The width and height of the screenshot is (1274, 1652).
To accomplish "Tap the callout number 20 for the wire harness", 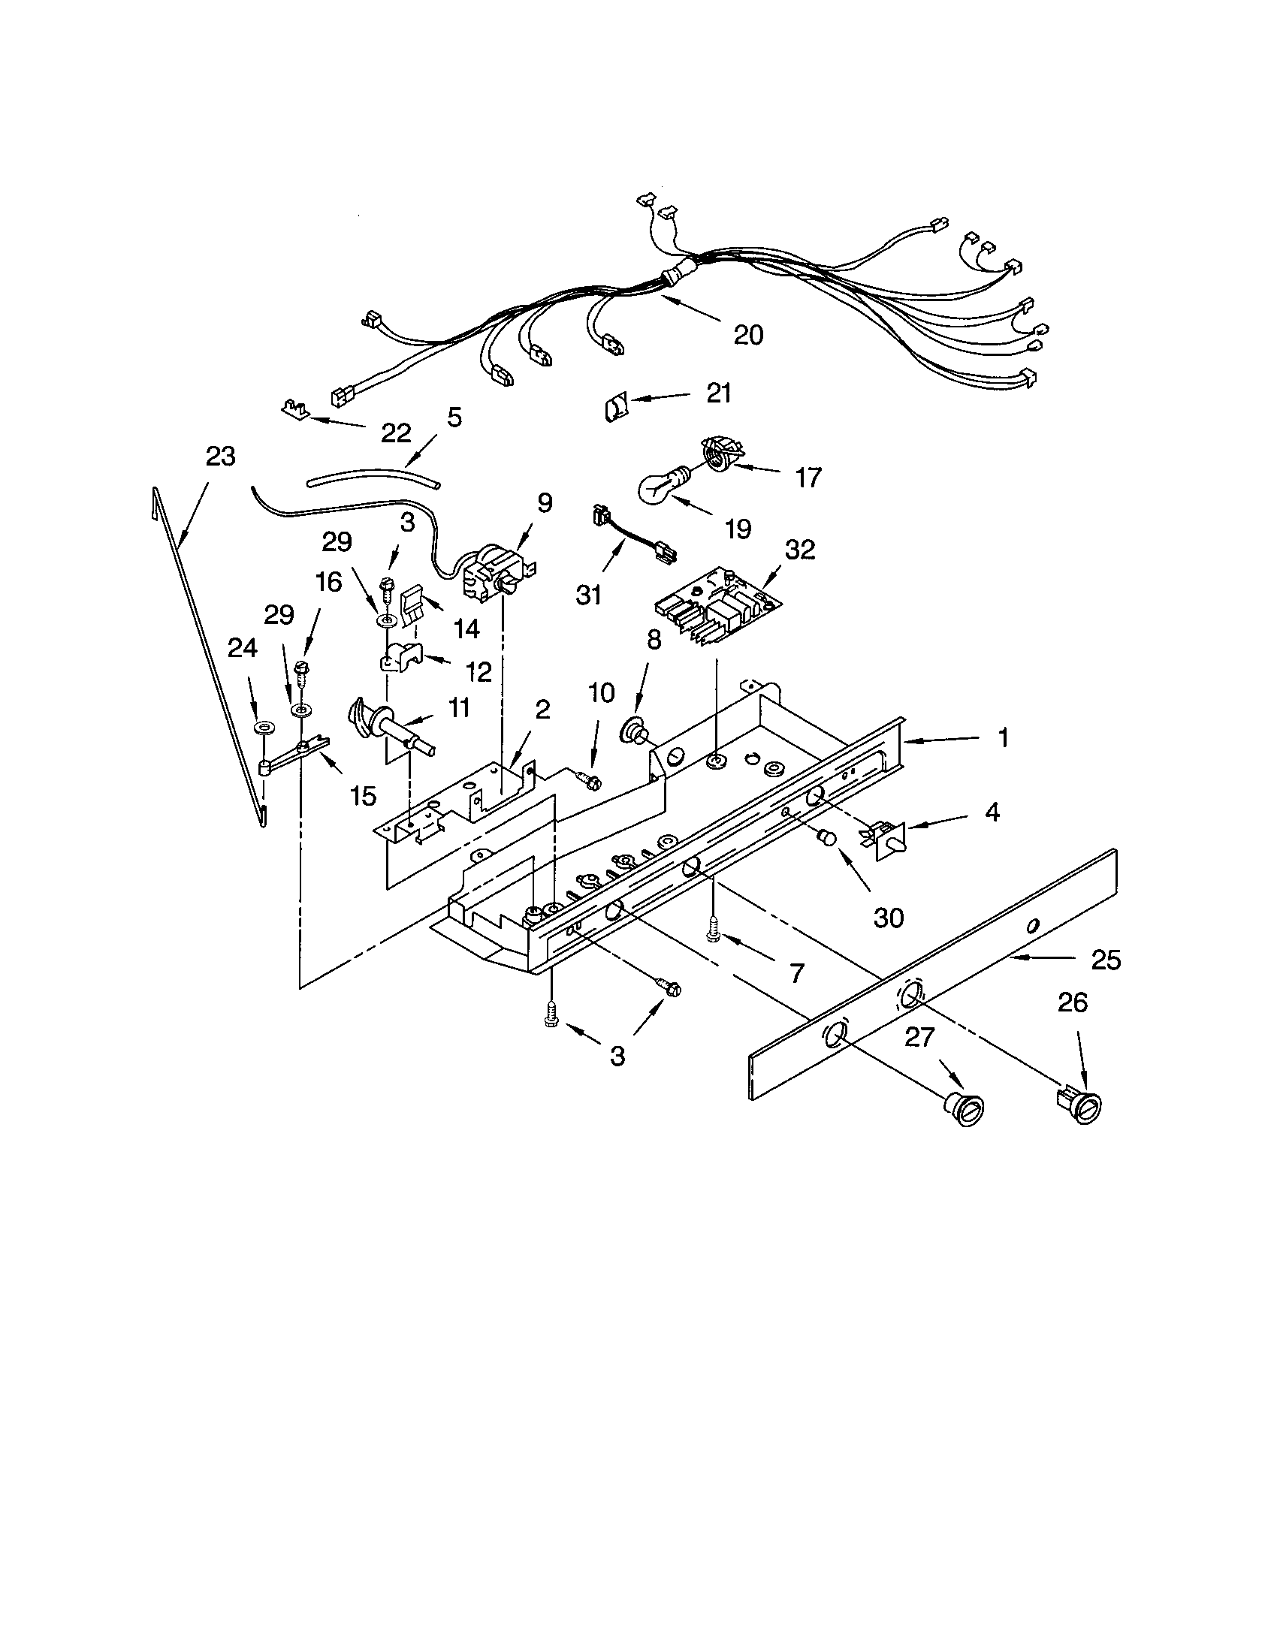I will point(748,334).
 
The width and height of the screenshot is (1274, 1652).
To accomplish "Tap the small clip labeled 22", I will point(295,409).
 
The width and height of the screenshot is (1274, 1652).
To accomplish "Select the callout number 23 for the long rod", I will point(220,456).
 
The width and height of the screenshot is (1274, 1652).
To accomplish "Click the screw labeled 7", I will point(713,930).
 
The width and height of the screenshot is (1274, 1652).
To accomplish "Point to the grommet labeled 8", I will point(633,731).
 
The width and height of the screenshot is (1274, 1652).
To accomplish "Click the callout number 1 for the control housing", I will point(1003,737).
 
